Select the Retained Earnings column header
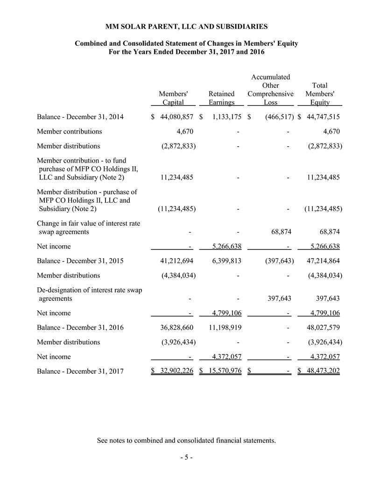click(221, 98)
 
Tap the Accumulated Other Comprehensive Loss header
click(270, 90)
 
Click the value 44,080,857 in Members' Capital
click(176, 117)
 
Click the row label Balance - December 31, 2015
click(80, 261)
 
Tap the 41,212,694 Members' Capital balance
click(175, 261)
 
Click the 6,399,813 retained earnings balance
click(223, 261)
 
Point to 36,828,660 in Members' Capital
click(175, 328)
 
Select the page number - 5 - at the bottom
click(186, 458)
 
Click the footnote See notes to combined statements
click(186, 440)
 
